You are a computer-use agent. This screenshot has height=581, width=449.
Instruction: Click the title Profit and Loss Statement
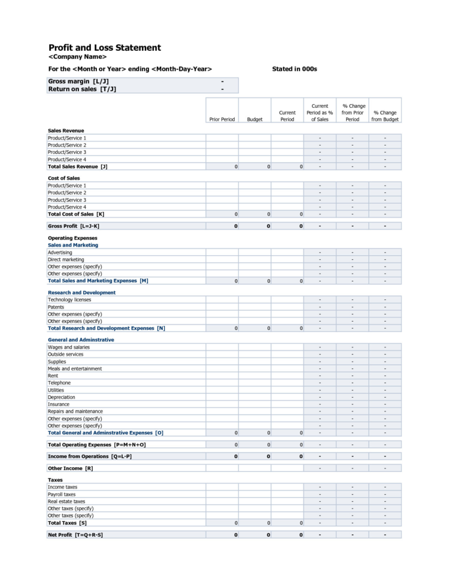tap(104, 48)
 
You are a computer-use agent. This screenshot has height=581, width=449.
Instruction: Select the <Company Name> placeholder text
tap(77, 57)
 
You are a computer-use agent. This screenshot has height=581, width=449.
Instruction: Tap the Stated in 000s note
tap(294, 69)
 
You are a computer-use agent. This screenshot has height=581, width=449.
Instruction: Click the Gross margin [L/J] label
tap(78, 81)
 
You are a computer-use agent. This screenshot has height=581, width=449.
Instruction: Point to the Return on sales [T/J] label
tap(82, 89)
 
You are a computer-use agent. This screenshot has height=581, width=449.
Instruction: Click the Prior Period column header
tap(222, 119)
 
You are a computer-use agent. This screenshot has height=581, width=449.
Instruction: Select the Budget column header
tap(254, 119)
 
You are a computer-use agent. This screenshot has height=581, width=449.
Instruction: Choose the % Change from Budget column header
tap(384, 116)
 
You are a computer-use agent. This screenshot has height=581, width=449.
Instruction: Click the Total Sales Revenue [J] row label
tap(77, 167)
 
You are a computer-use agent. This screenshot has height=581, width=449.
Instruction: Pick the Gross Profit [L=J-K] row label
tap(74, 226)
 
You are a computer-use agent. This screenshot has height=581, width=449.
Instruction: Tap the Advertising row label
tap(60, 252)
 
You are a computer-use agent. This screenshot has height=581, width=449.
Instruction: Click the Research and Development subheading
tap(81, 293)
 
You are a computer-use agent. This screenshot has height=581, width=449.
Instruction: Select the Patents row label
tap(56, 307)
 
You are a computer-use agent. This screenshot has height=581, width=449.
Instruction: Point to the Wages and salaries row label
tap(69, 347)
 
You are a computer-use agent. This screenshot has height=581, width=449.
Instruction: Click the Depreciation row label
tap(62, 397)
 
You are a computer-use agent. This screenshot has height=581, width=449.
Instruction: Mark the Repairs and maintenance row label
tap(75, 411)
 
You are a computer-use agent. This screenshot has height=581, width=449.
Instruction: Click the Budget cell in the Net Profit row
tap(254, 535)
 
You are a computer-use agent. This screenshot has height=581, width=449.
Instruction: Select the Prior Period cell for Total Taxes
tap(222, 523)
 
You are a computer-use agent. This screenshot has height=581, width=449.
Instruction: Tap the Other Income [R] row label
tap(70, 468)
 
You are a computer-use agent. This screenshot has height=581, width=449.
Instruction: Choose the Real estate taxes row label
tap(66, 501)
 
